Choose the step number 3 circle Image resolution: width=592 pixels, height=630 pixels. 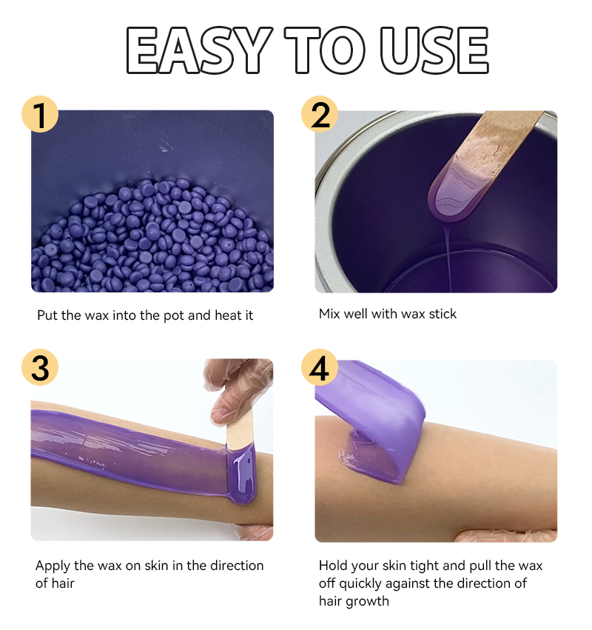tap(40, 368)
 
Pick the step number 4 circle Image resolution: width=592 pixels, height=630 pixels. tap(319, 368)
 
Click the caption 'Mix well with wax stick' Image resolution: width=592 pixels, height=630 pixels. tap(387, 314)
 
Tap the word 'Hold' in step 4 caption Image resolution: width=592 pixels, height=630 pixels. tap(334, 566)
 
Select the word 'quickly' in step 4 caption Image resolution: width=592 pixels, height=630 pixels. tap(363, 583)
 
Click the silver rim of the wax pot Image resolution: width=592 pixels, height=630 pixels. tap(329, 222)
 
